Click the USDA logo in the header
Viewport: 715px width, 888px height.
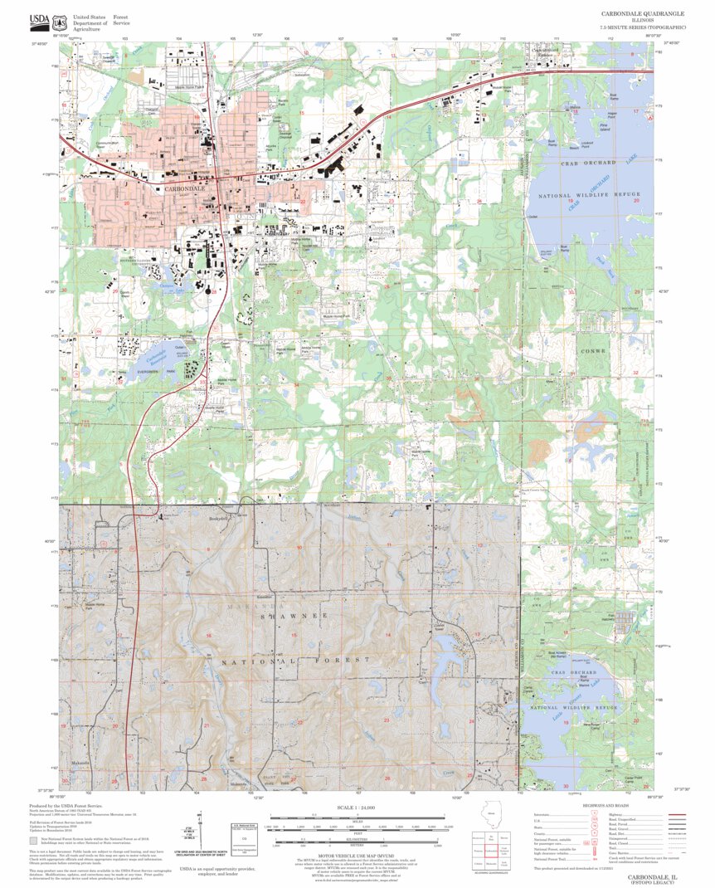pos(38,20)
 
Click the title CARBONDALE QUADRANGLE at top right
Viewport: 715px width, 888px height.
pos(643,15)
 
